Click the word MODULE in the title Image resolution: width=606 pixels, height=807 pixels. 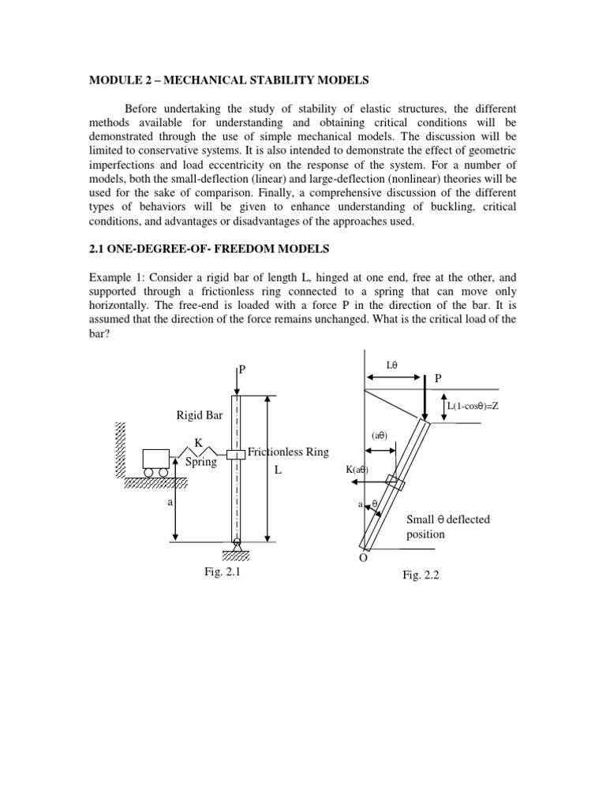click(112, 80)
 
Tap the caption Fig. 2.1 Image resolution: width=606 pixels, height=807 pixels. click(222, 573)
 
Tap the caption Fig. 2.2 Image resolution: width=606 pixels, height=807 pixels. click(420, 575)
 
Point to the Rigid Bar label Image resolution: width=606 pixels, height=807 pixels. click(200, 415)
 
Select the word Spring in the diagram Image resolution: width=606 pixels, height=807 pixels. click(200, 463)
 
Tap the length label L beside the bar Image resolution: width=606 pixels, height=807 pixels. click(277, 470)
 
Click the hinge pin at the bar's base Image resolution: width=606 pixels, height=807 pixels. click(237, 541)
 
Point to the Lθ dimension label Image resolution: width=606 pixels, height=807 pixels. click(393, 365)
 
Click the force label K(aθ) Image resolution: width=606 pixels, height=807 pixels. click(357, 470)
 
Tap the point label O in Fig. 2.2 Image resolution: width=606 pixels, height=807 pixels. click(363, 557)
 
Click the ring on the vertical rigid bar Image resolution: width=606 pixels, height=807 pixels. click(237, 455)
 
